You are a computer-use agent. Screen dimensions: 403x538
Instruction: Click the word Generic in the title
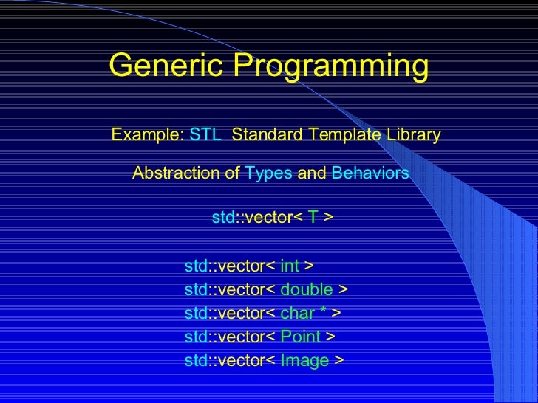click(x=168, y=67)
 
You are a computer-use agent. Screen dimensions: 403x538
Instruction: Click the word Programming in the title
click(x=331, y=67)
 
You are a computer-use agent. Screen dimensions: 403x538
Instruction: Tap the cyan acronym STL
click(x=205, y=135)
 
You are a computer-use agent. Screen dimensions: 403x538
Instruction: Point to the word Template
click(x=344, y=135)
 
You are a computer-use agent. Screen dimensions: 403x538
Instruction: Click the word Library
click(x=414, y=135)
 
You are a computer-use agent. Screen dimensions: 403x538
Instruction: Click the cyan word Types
click(x=268, y=173)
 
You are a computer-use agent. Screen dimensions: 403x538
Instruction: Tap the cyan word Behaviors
click(x=370, y=173)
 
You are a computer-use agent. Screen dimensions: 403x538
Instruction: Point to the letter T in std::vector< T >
click(x=313, y=218)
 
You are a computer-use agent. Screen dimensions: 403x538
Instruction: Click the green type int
click(x=290, y=266)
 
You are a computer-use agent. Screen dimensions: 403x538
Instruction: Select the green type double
click(x=307, y=289)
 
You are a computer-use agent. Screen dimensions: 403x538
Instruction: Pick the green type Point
click(x=301, y=337)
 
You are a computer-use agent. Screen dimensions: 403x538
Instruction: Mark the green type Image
click(x=304, y=361)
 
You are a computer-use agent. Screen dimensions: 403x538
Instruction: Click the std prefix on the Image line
click(x=194, y=361)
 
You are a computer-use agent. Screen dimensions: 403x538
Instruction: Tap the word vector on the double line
click(x=239, y=289)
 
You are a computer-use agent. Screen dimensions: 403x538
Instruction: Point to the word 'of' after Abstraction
click(x=232, y=173)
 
